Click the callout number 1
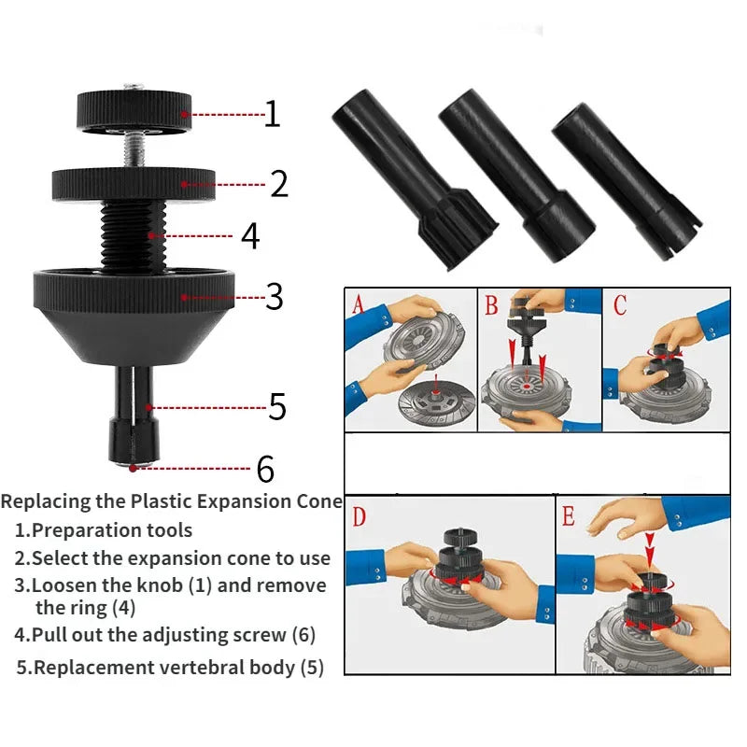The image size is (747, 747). (272, 114)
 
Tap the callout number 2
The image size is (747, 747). (278, 183)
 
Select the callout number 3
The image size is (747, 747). (274, 296)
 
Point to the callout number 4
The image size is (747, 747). (250, 235)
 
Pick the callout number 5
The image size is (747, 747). (276, 406)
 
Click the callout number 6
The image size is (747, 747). (266, 468)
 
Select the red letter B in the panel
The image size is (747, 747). (491, 304)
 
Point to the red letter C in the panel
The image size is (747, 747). (621, 304)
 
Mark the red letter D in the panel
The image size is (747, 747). (359, 516)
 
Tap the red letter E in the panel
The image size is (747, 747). (570, 516)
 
